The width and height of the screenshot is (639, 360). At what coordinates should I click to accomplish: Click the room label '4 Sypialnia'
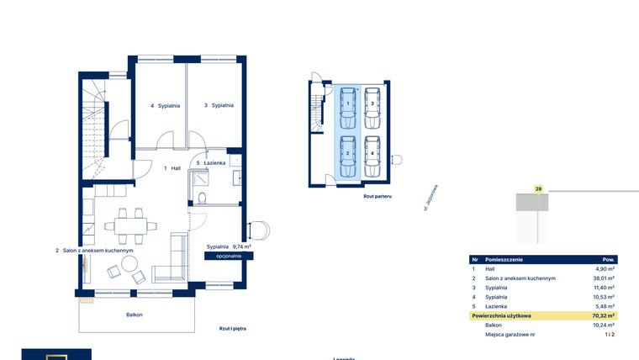pos(163,106)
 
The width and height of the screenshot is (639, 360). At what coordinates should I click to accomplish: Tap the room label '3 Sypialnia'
pos(218,106)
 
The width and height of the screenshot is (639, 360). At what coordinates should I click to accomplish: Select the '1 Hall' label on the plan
pos(172,168)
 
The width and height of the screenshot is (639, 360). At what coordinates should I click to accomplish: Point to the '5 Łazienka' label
pos(210,163)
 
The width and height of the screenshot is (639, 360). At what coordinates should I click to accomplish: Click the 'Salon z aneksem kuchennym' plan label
pos(94,251)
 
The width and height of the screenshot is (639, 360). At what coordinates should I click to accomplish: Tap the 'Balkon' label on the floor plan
pos(135,315)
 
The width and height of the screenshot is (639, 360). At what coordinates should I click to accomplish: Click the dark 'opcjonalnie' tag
pos(228,255)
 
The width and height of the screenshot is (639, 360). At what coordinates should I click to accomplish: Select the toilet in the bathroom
pos(203,198)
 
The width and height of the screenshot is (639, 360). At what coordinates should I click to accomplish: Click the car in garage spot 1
pos(348,105)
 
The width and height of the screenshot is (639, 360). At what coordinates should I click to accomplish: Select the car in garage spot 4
pos(372,156)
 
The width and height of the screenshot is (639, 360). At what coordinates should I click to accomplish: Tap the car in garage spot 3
pos(372,105)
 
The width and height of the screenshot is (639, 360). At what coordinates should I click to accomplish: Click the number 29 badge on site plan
pos(538,190)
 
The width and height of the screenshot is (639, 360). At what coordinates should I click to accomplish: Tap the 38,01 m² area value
pos(605,278)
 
